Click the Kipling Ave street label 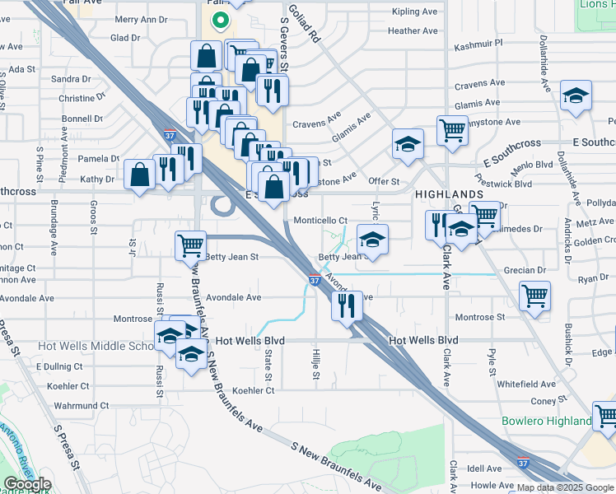tap(415, 12)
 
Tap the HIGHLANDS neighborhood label tap(449, 193)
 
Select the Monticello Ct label tap(320, 221)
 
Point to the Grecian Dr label tap(530, 270)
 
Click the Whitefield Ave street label tap(526, 384)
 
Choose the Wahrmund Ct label tap(82, 405)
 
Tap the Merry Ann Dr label tap(140, 19)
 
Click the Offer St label tap(384, 181)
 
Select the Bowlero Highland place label tap(547, 422)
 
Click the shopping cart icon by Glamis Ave tap(452, 129)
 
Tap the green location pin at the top tap(219, 21)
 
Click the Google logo tap(27, 485)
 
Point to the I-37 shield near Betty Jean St tap(315, 280)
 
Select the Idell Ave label tap(484, 468)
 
